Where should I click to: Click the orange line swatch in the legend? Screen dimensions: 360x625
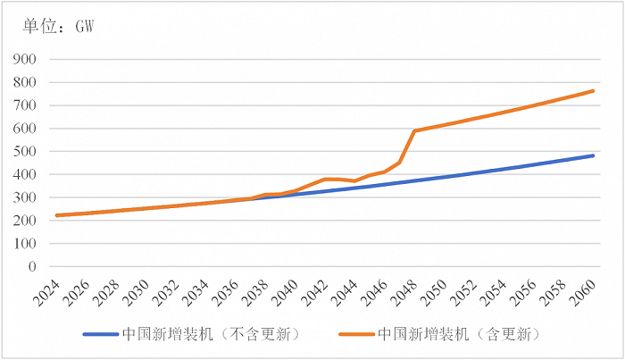(x=357, y=334)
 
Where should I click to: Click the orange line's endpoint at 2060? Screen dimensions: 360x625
(x=594, y=90)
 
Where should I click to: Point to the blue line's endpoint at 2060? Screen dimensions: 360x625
(x=594, y=155)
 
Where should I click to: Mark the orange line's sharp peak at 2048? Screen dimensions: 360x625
(x=414, y=131)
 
